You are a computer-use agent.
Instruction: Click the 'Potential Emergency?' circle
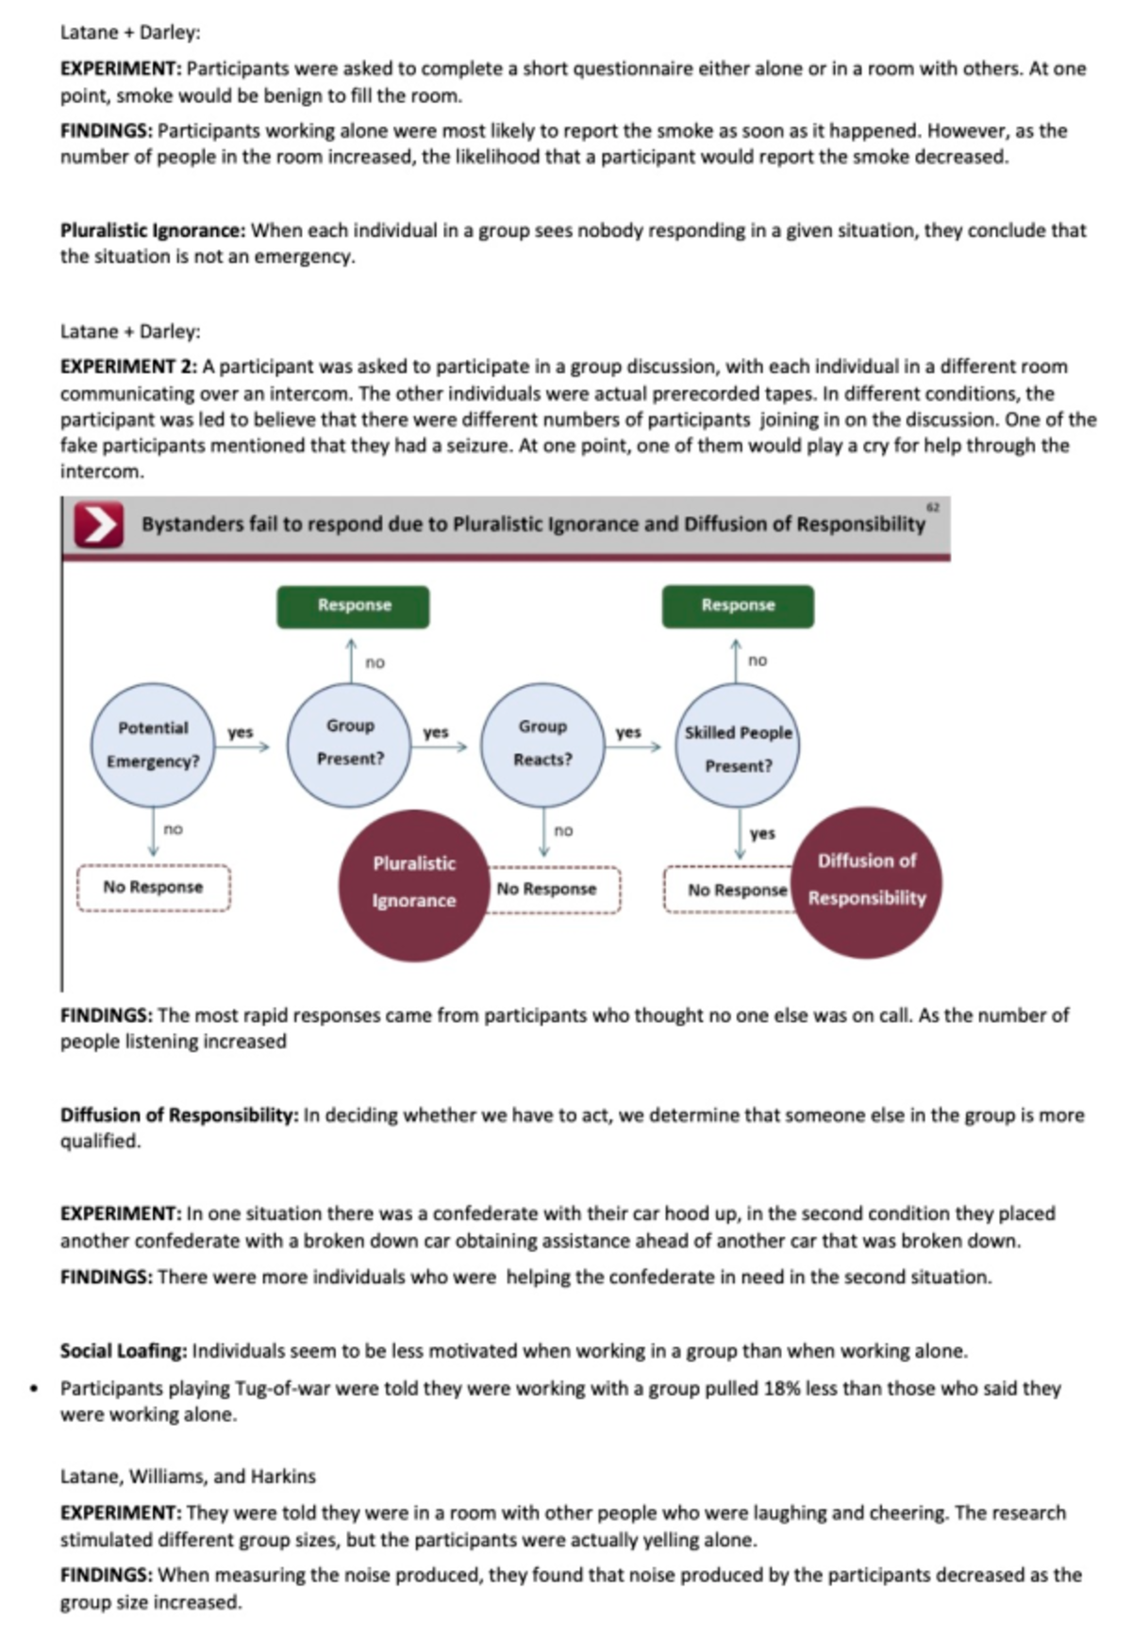(x=153, y=745)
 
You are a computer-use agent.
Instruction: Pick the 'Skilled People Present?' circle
(x=738, y=747)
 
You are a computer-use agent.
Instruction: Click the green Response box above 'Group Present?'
(x=353, y=606)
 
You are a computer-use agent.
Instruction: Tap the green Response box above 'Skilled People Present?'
(x=738, y=606)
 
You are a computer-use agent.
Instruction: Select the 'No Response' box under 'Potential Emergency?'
(x=153, y=888)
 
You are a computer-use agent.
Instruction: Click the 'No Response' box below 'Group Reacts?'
(x=546, y=890)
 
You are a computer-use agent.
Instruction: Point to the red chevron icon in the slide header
(x=99, y=525)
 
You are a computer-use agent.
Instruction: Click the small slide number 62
(x=933, y=508)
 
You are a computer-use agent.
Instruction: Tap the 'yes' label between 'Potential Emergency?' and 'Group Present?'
(x=241, y=732)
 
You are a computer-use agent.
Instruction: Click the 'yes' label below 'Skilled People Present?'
(x=762, y=834)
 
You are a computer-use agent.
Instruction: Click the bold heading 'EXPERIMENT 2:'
(x=128, y=367)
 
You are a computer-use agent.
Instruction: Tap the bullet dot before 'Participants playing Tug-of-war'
(x=35, y=1390)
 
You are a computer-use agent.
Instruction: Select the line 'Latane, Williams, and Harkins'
(x=188, y=1477)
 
